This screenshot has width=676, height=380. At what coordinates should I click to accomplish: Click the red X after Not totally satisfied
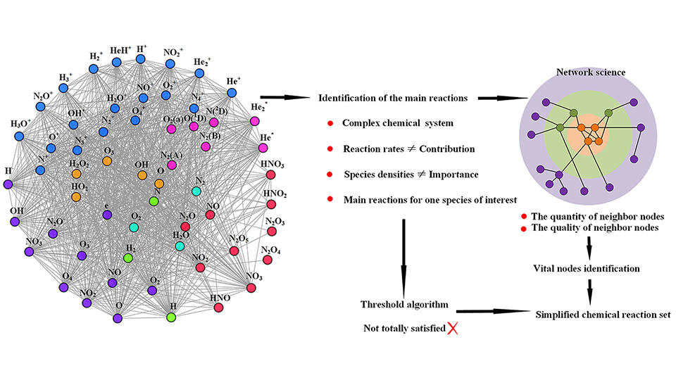(x=453, y=329)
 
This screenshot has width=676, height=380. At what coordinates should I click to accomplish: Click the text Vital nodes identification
(x=587, y=268)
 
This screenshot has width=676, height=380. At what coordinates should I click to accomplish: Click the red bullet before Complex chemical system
(x=330, y=124)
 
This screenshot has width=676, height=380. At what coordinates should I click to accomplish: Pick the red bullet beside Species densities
(x=330, y=174)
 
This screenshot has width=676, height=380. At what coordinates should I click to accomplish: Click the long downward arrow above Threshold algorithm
(x=403, y=253)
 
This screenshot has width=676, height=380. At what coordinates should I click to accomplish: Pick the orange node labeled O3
(x=107, y=161)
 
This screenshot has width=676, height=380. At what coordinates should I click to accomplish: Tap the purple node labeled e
(x=107, y=215)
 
